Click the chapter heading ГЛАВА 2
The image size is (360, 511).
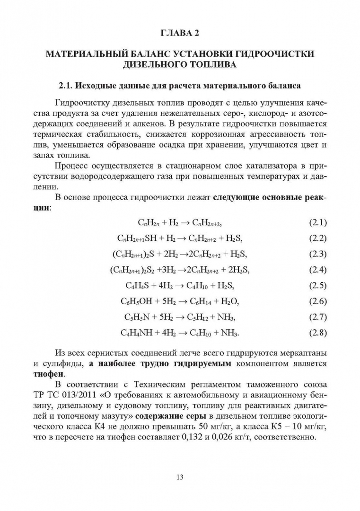tap(180, 33)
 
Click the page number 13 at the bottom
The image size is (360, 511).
tap(180, 476)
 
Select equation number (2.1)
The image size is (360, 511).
tap(317, 222)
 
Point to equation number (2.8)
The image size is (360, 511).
tap(317, 333)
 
